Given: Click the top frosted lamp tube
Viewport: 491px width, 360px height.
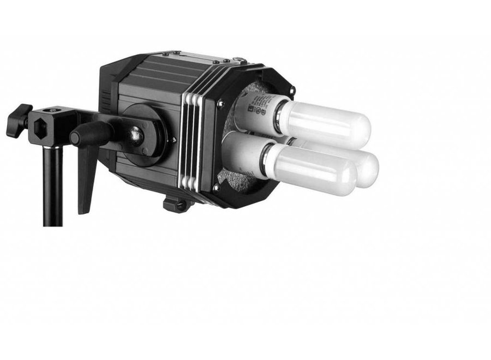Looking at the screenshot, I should point(327,123).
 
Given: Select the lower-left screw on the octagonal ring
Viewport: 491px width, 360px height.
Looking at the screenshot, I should point(217,187).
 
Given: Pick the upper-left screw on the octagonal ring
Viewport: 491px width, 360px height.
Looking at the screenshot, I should point(220,102).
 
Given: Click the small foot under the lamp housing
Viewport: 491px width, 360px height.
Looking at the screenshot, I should point(176,205).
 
